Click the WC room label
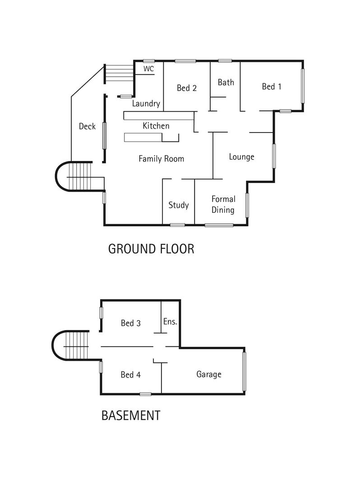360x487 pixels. [x=148, y=69]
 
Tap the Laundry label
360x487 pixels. [x=146, y=104]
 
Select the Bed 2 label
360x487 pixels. [x=186, y=88]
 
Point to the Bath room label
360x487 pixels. [x=226, y=82]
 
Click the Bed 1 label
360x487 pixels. [x=272, y=87]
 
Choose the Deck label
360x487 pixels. [x=87, y=126]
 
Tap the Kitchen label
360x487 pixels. [x=156, y=126]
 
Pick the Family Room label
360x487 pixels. [x=161, y=159]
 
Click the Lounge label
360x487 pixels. [x=241, y=157]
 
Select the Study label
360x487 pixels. [x=179, y=205]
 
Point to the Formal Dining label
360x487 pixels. [x=223, y=204]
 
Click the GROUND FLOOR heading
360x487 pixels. [x=151, y=248]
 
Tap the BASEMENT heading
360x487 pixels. [x=131, y=415]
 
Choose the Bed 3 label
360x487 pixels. [x=131, y=323]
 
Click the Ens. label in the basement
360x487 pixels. [x=170, y=322]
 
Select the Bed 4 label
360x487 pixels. [x=131, y=375]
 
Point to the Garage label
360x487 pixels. [x=209, y=374]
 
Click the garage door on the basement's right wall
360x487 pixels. [x=244, y=372]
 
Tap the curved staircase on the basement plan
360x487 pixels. [x=72, y=346]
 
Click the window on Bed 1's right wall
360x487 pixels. [x=303, y=86]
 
